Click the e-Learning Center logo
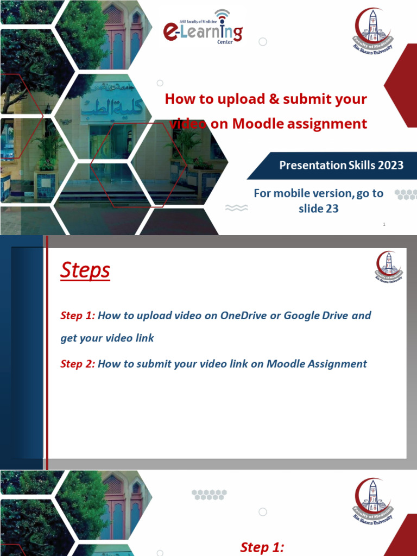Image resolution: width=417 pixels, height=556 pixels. point(203,30)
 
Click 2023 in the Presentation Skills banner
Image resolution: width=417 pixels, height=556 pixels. point(389,165)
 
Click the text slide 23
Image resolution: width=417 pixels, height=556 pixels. point(318,208)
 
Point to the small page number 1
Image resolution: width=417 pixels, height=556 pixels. point(384,224)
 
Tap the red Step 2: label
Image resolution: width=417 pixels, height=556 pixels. point(77,364)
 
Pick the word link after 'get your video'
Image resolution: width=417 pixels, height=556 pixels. point(144,338)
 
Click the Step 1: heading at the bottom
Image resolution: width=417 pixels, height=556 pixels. point(262,547)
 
